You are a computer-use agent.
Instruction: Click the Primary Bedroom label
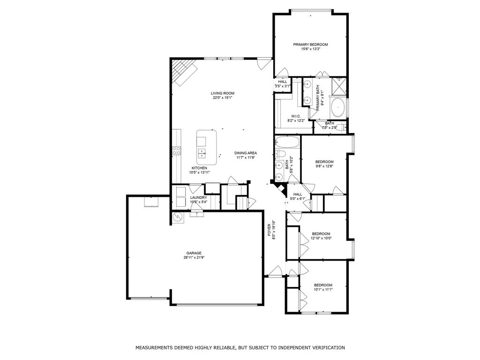310,45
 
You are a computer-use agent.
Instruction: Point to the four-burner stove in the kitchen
177,150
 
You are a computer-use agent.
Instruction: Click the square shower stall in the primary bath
338,86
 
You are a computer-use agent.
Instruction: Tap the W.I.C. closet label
295,116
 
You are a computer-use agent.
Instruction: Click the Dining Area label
246,153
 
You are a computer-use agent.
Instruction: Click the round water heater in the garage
179,217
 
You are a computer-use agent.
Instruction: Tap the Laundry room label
198,198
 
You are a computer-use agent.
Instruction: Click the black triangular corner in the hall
281,189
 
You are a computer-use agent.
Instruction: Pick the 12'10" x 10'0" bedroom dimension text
321,238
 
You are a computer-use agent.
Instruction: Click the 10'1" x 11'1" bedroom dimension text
323,290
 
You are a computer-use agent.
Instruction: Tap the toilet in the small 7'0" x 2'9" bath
344,127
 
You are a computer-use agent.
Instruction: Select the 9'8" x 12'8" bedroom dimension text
324,166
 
